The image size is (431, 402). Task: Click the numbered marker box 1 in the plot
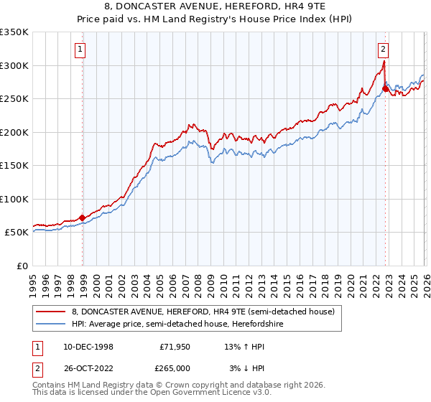point(79,50)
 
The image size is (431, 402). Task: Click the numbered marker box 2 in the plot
point(383,50)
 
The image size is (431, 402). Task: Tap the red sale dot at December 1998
point(82,218)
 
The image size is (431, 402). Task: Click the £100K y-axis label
point(14,199)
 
